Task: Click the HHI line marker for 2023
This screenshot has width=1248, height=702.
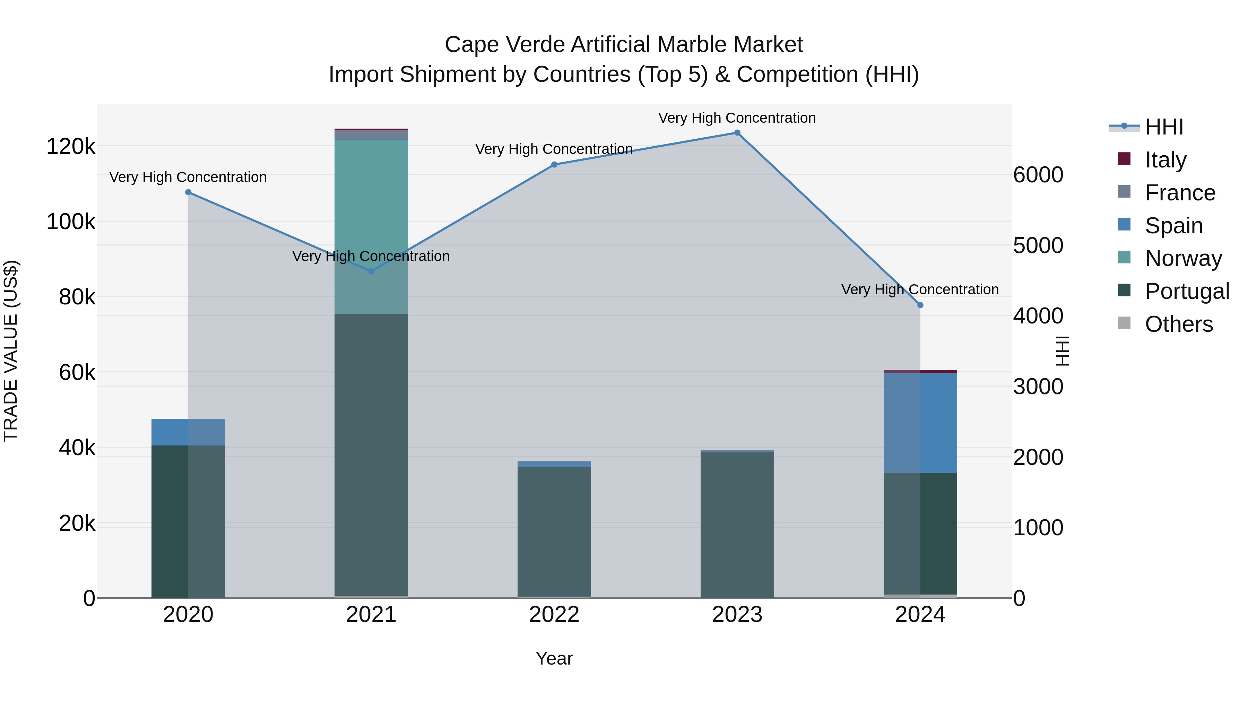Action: pos(737,133)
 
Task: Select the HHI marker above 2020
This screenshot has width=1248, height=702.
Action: pos(189,192)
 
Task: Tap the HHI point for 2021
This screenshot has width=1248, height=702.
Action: pos(371,271)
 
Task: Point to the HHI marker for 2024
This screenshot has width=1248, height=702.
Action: pos(920,305)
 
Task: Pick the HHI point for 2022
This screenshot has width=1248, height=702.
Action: pos(554,165)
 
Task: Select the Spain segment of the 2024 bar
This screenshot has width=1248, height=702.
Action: pos(920,423)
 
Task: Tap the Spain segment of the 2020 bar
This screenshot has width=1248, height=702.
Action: pos(189,432)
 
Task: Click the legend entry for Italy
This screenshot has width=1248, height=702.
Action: pos(1165,159)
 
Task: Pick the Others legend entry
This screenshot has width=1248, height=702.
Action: pos(1179,324)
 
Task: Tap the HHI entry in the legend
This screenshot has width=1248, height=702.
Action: pos(1164,127)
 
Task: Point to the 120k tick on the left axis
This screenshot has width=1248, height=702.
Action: pos(71,146)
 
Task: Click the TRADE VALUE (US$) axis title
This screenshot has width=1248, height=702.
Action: pos(11,351)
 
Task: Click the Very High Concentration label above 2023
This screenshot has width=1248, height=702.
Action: pos(737,118)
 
